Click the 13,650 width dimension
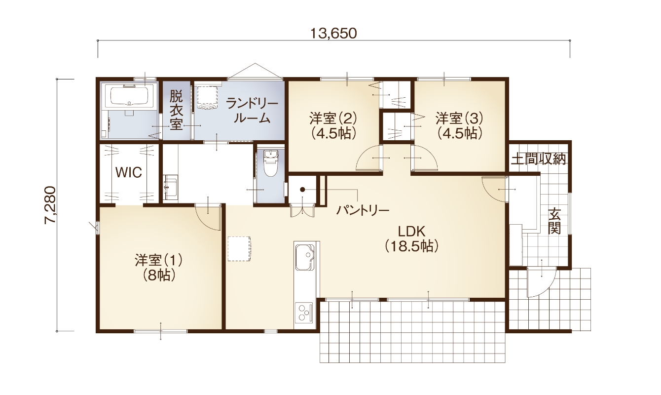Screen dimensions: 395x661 333,33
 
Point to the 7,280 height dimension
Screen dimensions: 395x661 51,205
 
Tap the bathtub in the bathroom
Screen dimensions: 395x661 129,97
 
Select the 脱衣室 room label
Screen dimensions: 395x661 176,109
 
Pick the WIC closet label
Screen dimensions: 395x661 129,172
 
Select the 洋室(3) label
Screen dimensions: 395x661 459,125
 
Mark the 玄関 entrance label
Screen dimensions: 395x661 555,222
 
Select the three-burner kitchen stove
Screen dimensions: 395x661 304,312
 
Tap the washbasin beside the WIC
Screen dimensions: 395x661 170,187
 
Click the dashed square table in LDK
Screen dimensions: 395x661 239,248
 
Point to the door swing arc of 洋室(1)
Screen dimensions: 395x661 207,217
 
